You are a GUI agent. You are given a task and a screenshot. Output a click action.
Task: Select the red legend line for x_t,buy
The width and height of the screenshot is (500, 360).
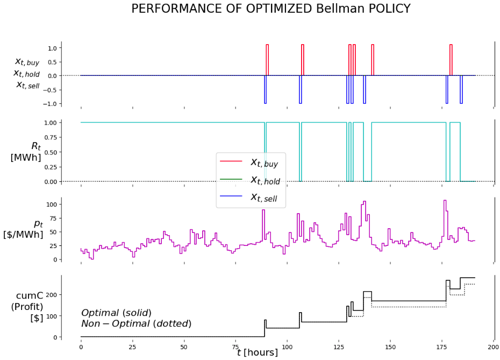pyautogui.click(x=231, y=161)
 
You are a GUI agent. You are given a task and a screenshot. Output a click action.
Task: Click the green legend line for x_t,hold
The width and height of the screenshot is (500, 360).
pyautogui.click(x=231, y=181)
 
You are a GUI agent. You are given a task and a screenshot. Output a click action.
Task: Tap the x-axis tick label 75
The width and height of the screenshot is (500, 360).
pyautogui.click(x=235, y=348)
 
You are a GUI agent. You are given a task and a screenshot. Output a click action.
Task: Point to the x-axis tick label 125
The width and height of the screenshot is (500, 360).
pyautogui.click(x=339, y=348)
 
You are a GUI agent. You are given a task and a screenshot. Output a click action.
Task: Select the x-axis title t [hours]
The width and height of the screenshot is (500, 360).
pyautogui.click(x=258, y=353)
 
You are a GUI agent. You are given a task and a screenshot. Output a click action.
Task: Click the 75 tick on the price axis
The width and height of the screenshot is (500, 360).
pyautogui.click(x=52, y=218)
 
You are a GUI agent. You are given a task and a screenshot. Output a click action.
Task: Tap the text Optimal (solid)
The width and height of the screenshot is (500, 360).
pyautogui.click(x=116, y=313)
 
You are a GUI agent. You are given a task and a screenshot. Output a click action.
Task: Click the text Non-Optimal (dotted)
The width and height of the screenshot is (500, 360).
pyautogui.click(x=136, y=324)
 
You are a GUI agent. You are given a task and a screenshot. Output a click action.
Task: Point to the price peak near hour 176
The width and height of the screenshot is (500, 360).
pyautogui.click(x=445, y=201)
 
